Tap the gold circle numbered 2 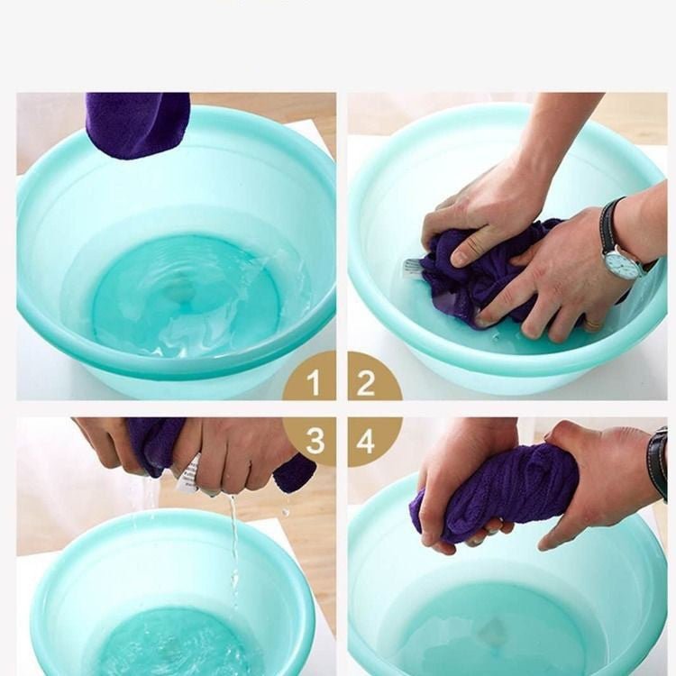[x=368, y=382]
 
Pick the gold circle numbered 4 [x=368, y=440]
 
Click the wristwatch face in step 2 [x=623, y=262]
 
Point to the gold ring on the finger [x=590, y=323]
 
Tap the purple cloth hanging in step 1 [x=138, y=123]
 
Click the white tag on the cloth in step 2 [x=414, y=268]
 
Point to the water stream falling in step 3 [x=233, y=541]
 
